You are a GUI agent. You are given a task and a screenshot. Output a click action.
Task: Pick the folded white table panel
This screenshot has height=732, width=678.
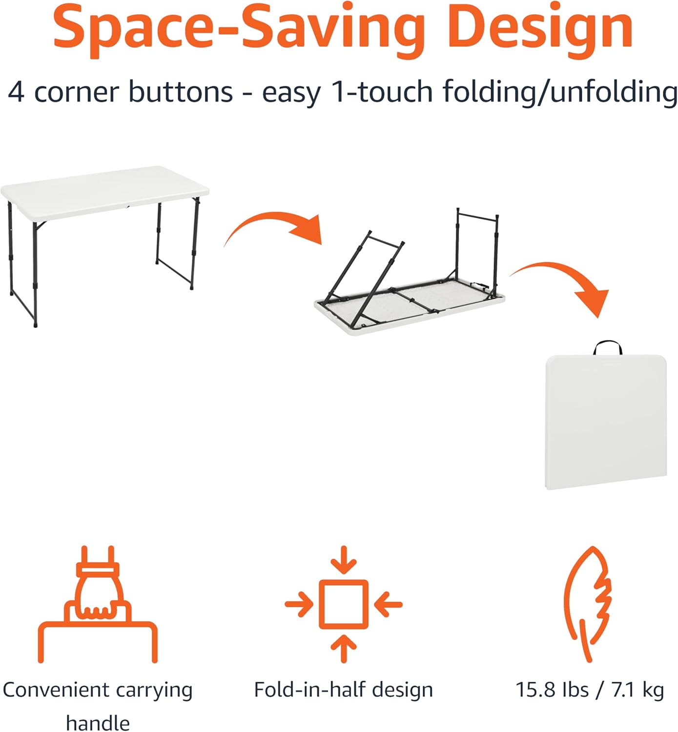coord(605,422)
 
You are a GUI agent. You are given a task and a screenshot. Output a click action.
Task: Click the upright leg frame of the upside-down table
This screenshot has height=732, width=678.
coord(477,244)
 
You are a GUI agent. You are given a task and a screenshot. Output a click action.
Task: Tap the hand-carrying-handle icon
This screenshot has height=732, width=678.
coord(98,605)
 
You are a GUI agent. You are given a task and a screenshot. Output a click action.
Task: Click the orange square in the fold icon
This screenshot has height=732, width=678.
coord(344,604)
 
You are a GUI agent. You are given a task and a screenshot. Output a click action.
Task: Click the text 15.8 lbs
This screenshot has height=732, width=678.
coord(552,690)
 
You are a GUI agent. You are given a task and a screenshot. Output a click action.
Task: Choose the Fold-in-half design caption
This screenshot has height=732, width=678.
coord(344,690)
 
